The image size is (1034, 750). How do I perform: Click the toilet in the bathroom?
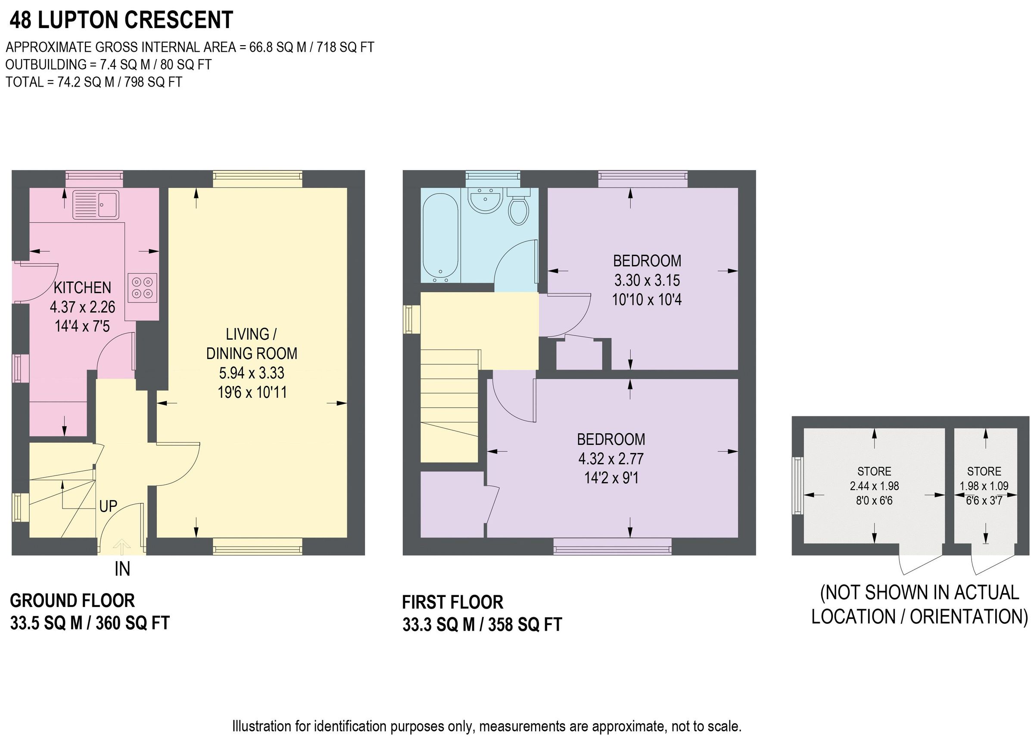tap(518, 210)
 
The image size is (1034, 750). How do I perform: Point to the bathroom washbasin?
tap(486, 201)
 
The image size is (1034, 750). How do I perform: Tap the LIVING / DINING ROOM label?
tap(251, 344)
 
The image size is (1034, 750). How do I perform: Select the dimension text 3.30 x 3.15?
tap(647, 280)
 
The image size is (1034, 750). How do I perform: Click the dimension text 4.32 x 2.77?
tap(611, 459)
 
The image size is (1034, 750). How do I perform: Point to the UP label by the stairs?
tap(108, 506)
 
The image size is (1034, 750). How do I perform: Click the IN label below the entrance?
tap(122, 569)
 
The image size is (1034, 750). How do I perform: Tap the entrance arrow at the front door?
tap(121, 546)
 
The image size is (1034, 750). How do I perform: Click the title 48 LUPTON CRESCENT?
tap(121, 20)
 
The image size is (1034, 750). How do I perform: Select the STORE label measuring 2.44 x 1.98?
tap(874, 471)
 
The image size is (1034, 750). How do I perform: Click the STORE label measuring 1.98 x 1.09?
tap(984, 471)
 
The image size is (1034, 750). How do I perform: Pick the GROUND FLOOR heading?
tap(72, 601)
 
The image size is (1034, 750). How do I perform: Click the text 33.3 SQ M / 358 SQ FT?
tap(482, 625)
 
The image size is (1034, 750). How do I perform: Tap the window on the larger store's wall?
tap(798, 486)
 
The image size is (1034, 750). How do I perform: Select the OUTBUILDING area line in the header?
tap(109, 65)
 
